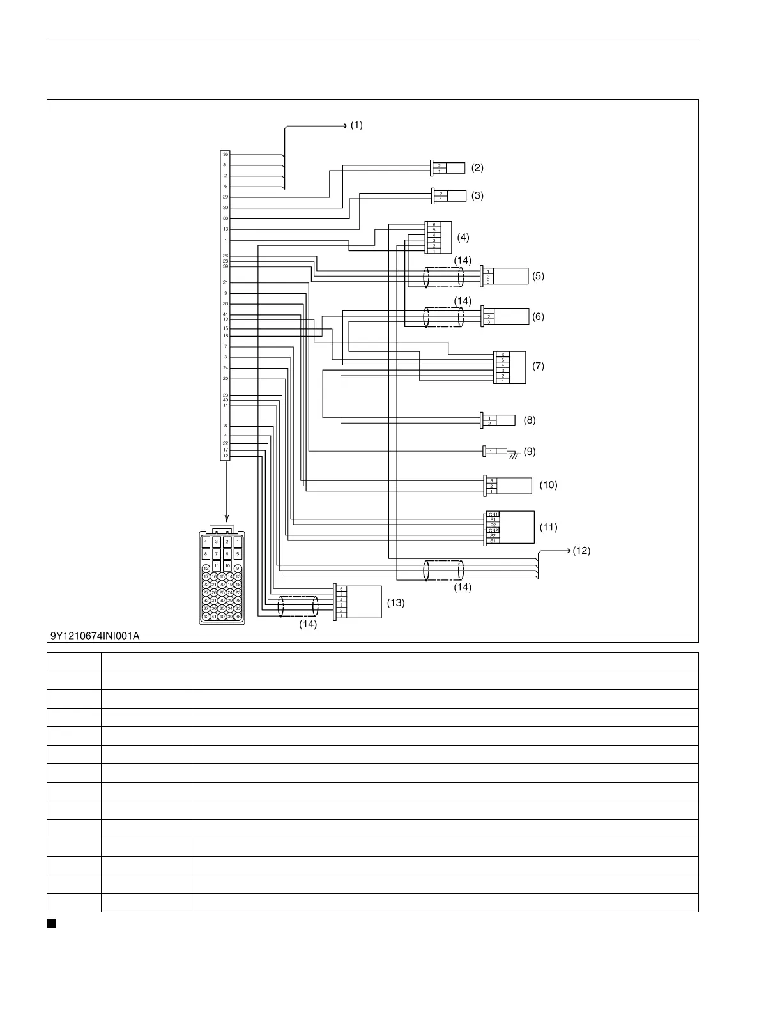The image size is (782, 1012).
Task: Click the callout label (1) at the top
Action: [356, 125]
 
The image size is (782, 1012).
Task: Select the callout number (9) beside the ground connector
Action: [530, 452]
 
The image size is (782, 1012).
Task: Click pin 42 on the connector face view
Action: [206, 617]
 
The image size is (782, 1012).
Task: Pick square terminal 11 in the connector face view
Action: [217, 566]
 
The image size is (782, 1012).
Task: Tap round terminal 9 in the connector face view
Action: [238, 569]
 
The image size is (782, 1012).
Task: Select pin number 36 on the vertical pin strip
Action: [225, 155]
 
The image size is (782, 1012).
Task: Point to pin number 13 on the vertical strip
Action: [225, 229]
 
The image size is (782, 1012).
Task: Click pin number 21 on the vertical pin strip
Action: [225, 282]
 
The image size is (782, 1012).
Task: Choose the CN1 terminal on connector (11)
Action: [493, 514]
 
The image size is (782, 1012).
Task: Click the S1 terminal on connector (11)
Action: [493, 541]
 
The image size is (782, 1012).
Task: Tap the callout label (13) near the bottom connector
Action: [395, 602]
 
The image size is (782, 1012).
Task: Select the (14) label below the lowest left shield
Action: [308, 625]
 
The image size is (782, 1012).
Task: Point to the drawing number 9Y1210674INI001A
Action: [95, 636]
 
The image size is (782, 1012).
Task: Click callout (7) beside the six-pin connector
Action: [538, 366]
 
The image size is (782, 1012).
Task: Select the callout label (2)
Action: [477, 168]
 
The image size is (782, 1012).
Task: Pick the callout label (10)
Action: [548, 485]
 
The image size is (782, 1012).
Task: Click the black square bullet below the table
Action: [50, 924]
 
